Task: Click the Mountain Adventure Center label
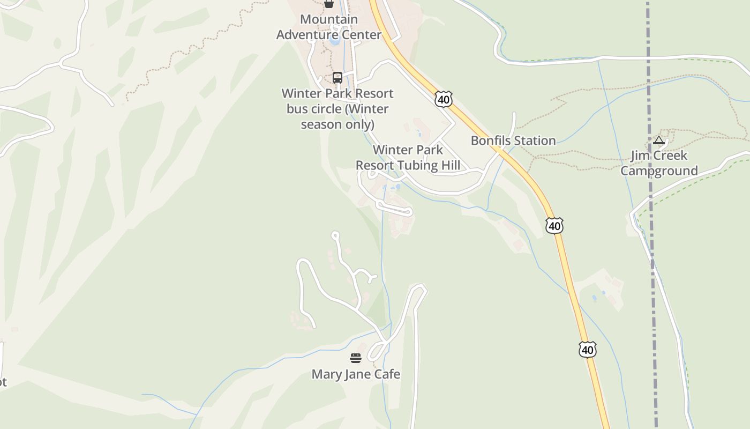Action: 329,27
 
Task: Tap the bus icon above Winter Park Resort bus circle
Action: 337,77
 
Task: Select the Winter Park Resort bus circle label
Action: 337,109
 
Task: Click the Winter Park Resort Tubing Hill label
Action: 408,157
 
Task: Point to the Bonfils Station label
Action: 513,140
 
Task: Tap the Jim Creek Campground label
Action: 659,163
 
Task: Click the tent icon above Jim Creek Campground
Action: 659,140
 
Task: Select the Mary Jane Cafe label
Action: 356,374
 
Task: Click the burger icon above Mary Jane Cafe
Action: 356,358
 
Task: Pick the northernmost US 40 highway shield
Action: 444,99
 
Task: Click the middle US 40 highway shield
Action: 554,226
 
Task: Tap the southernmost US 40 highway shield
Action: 587,350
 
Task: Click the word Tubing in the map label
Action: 421,165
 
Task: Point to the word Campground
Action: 659,171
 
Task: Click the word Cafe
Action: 386,374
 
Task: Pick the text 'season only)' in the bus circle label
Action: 337,124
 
